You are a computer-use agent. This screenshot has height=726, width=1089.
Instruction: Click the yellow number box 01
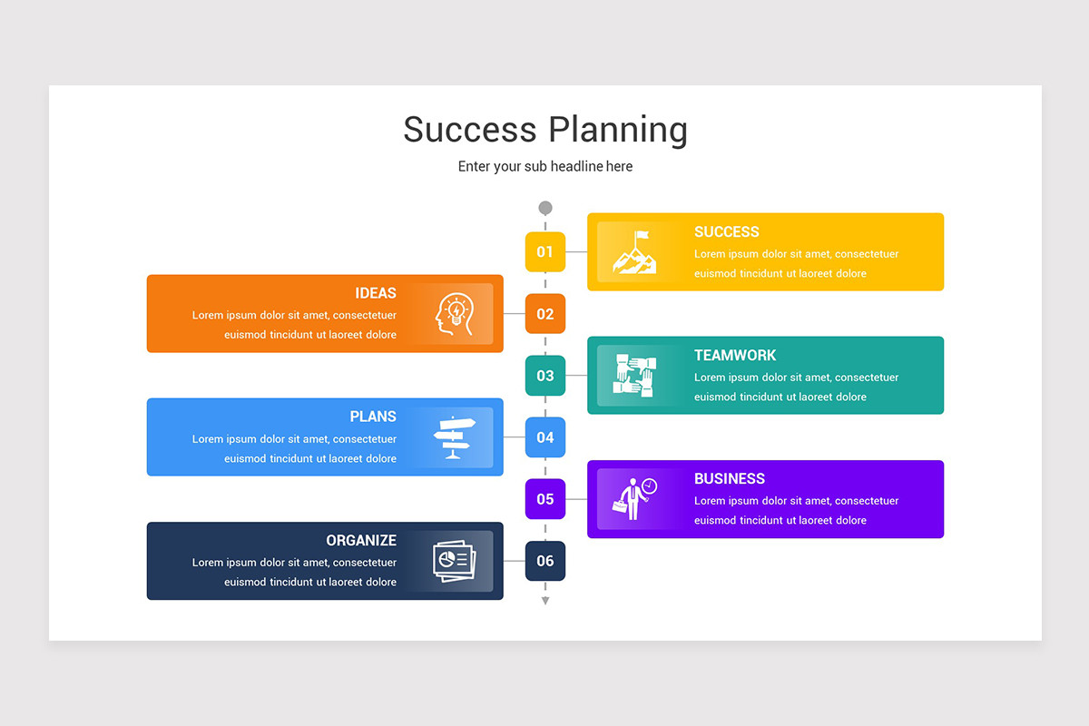coord(544,251)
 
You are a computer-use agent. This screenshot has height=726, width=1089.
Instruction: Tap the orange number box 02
coord(544,313)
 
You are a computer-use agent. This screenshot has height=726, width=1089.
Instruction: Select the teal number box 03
coord(544,375)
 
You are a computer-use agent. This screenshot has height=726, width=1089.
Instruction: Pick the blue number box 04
coord(544,437)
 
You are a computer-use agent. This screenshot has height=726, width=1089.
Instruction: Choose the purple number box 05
coord(544,498)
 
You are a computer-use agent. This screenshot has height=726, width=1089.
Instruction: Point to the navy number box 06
coord(544,560)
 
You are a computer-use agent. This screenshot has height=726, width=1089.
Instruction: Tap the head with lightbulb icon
coord(454,314)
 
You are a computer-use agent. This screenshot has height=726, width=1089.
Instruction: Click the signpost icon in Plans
coord(454,437)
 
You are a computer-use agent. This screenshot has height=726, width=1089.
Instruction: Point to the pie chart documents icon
coord(454,561)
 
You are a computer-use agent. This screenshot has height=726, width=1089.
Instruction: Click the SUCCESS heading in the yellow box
coord(726,231)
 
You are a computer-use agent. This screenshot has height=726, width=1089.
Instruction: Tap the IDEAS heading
coord(376,293)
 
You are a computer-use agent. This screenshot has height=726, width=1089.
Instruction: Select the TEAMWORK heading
coord(735,355)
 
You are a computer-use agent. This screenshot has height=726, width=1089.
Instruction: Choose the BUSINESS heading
coord(729,478)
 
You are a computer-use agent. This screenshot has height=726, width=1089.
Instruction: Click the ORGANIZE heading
coord(361,540)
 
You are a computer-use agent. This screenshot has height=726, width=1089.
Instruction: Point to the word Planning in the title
coord(617,130)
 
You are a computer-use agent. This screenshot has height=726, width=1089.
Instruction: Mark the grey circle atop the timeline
coord(544,208)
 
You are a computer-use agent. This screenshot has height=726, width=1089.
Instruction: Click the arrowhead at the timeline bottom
coord(544,601)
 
